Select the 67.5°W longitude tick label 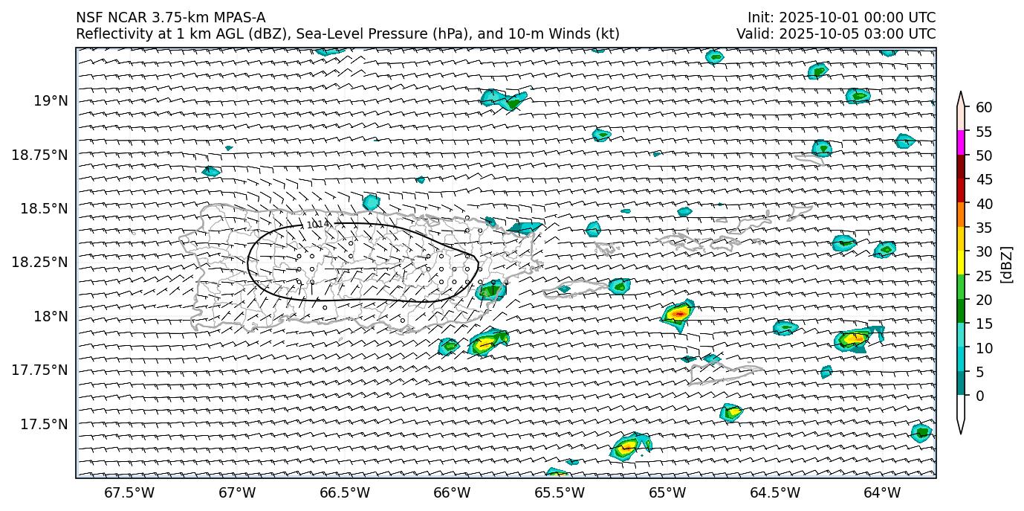(129, 492)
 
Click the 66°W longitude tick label (452, 492)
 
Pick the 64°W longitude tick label (882, 492)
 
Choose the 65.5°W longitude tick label (560, 492)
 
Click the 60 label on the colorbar (984, 108)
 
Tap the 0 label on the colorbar (980, 396)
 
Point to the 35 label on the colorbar (984, 228)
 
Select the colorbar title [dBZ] (1008, 263)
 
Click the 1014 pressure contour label (318, 223)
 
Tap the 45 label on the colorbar (984, 179)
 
